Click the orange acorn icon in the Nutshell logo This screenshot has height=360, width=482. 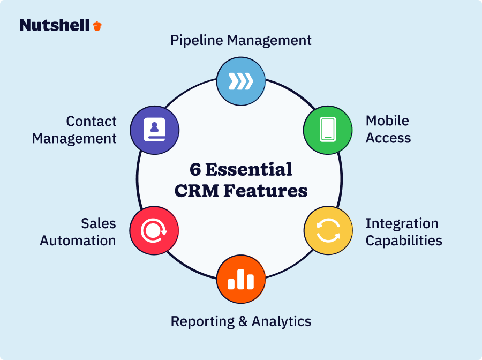coord(97,26)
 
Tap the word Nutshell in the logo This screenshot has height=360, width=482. coord(55,25)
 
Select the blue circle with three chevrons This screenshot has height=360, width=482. coord(241,81)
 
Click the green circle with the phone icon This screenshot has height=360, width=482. coord(328,130)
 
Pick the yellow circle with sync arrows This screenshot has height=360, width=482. coord(328,230)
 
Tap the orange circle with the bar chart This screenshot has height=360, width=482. coord(241,279)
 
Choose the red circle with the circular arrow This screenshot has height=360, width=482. coord(154,230)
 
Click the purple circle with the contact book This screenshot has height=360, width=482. coord(155,130)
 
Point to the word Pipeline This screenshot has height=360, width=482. coord(197,41)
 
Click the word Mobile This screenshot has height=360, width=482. coord(387,121)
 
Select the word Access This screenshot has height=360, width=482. coord(388,138)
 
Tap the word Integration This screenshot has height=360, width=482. coord(402,224)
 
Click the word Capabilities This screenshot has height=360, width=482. coord(404,241)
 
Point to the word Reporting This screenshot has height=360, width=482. coord(202,322)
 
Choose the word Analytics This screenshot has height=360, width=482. coord(281,321)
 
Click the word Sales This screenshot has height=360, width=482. coord(99,223)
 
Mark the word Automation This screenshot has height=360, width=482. coord(78,241)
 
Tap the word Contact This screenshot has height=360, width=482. coord(91,122)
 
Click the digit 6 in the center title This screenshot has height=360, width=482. coord(195,169)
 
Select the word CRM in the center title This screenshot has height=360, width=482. coord(197,191)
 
